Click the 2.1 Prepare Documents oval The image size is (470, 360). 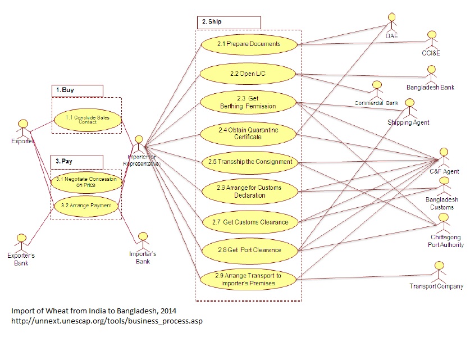(x=249, y=44)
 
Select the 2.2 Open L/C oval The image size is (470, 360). (x=249, y=74)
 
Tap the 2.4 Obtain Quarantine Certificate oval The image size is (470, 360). (x=249, y=133)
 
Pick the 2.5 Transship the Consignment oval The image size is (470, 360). (x=249, y=162)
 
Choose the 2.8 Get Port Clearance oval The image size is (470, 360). (x=249, y=249)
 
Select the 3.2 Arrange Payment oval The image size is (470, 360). (x=86, y=206)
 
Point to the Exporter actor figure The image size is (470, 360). (x=23, y=126)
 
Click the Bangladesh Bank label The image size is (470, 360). (x=431, y=88)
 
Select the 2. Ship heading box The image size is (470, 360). (x=229, y=22)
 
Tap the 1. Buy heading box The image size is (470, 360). (x=77, y=90)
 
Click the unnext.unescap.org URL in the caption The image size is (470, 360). (x=107, y=321)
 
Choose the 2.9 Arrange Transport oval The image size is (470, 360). (x=249, y=279)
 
